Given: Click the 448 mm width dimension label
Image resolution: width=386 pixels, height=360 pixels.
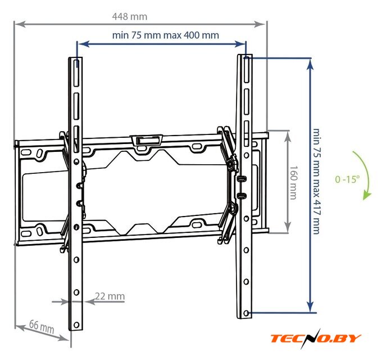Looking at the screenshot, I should tap(129, 16).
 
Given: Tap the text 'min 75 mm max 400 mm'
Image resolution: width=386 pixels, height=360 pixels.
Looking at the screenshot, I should tap(165, 35).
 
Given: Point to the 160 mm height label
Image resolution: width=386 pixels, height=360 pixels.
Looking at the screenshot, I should tap(293, 182).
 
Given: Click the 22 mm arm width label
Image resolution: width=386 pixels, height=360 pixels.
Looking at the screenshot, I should tap(110, 296).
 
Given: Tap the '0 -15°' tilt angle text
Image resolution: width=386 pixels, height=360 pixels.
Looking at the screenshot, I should tap(347, 180).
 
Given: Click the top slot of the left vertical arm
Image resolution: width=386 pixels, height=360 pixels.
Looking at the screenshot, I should tap(76, 71).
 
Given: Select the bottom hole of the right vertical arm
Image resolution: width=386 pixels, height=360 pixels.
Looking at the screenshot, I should tap(247, 313).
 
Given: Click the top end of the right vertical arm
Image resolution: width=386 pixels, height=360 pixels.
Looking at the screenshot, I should tap(246, 56).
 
